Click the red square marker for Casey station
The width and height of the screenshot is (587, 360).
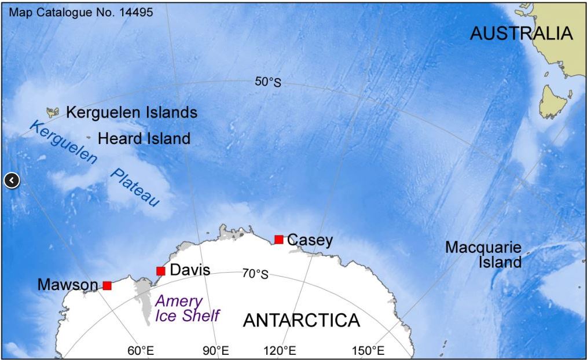coord(278,240)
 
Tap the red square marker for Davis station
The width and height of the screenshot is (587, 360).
coord(161,271)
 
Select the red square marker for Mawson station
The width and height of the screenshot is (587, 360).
coord(107,285)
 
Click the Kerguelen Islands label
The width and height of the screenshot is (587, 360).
coord(131,112)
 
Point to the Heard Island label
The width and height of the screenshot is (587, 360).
coord(144,139)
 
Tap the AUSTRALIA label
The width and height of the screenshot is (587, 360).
coord(521,34)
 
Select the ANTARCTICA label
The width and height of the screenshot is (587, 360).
coord(301,320)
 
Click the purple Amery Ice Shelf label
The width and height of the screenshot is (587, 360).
coord(187,308)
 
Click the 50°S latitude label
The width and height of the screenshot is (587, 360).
coord(268,82)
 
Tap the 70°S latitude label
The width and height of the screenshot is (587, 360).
coord(255,274)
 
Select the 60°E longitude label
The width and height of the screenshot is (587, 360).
coord(141,351)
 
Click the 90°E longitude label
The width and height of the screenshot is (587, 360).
coord(215,351)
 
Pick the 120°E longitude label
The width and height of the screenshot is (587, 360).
coord(281,351)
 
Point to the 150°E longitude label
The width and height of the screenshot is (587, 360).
coord(368,351)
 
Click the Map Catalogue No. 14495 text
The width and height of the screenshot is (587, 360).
coord(82,12)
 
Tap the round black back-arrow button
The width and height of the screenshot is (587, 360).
coord(12,181)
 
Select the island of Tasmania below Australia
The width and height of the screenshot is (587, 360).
coord(553,102)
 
